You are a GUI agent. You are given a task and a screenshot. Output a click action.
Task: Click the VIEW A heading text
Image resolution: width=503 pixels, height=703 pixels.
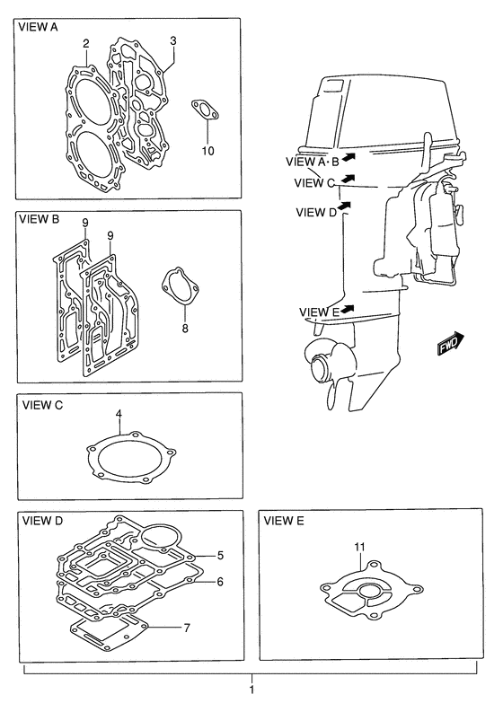pyautogui.click(x=38, y=27)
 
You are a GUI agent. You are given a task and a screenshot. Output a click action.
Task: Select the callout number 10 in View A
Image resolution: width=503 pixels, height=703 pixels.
pyautogui.click(x=207, y=151)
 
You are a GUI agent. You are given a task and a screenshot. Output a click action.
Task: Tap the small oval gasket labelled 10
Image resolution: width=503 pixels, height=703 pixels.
pyautogui.click(x=206, y=110)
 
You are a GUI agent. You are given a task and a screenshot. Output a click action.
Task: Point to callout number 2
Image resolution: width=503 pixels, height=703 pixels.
pyautogui.click(x=85, y=43)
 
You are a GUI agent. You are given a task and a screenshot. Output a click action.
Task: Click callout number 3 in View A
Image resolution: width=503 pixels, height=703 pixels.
pyautogui.click(x=173, y=40)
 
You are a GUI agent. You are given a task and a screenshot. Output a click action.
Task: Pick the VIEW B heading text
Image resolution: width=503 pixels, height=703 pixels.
pyautogui.click(x=39, y=219)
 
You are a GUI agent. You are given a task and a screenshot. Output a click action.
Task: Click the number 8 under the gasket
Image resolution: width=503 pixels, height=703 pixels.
pyautogui.click(x=185, y=329)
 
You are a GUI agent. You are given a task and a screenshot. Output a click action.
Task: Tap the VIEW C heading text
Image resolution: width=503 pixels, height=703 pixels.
pyautogui.click(x=42, y=405)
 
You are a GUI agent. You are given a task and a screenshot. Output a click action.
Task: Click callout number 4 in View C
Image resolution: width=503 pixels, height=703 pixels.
pyautogui.click(x=119, y=414)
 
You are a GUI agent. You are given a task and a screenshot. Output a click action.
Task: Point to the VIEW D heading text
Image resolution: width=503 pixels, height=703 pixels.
pyautogui.click(x=42, y=521)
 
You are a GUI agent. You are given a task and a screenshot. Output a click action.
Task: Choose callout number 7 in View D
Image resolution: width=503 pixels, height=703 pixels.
pyautogui.click(x=187, y=628)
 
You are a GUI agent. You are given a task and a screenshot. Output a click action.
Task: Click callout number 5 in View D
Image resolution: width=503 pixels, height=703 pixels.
pyautogui.click(x=220, y=556)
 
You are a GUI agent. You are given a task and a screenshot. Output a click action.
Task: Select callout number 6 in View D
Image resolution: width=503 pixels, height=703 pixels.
pyautogui.click(x=220, y=582)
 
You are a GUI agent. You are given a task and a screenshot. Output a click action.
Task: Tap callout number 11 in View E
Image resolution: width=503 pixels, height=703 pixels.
pyautogui.click(x=359, y=547)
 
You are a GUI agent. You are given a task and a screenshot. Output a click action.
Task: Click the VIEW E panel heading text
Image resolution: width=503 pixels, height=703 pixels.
pyautogui.click(x=284, y=521)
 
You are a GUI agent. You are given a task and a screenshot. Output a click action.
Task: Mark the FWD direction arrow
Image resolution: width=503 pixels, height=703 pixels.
pyautogui.click(x=451, y=344)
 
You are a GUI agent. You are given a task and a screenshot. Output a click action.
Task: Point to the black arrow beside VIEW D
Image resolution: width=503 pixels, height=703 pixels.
pyautogui.click(x=344, y=206)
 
